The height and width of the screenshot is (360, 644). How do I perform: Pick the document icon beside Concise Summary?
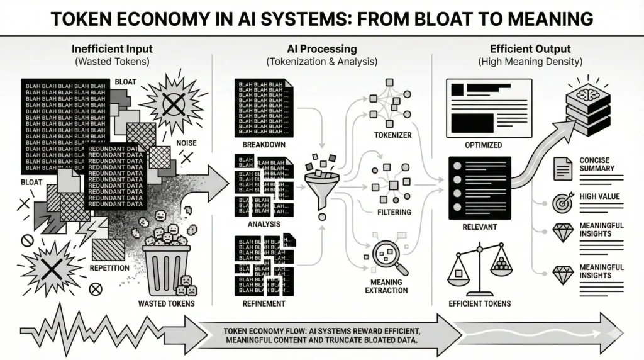pyautogui.click(x=562, y=167)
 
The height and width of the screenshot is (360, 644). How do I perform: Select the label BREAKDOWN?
pyautogui.click(x=258, y=145)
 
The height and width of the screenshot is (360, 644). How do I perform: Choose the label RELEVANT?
pyautogui.click(x=479, y=225)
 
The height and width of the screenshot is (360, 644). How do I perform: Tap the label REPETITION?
pyautogui.click(x=109, y=267)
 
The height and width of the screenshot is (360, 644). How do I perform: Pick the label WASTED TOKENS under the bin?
pyautogui.click(x=166, y=304)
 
